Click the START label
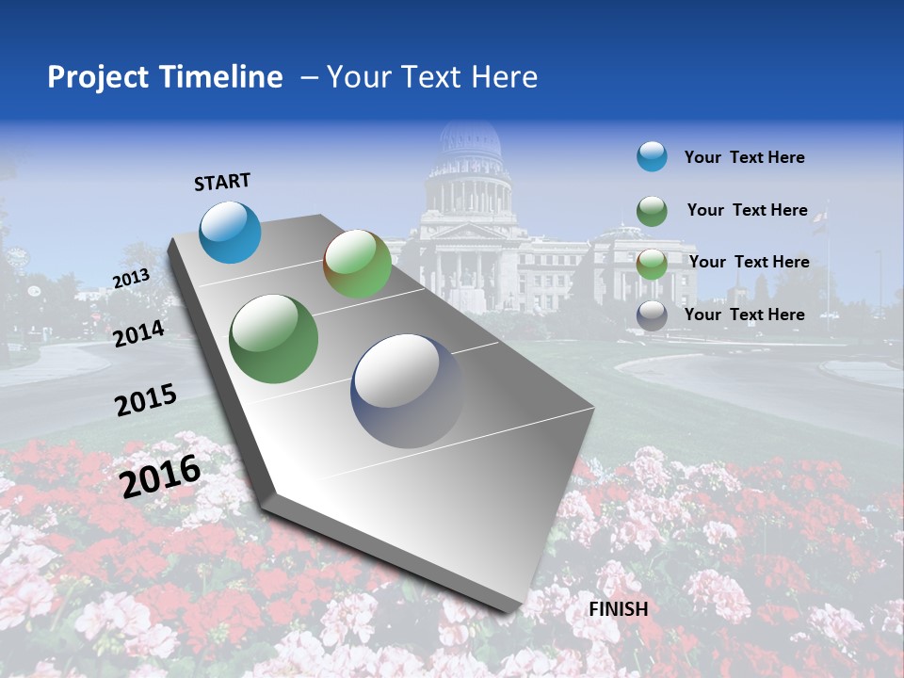pos(222,182)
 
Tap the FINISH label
pos(618,609)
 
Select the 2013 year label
pos(131,279)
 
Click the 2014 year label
pos(138,333)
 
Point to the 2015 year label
pos(145,400)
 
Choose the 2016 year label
pos(159,476)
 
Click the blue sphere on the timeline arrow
pos(230,232)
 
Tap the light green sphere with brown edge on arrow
pos(357,264)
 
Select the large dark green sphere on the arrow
pos(273,339)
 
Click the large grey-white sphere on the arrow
pos(408,390)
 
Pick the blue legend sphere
pos(651,157)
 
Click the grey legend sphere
pos(651,315)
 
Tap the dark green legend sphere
pos(651,211)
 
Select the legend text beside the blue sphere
pos(744,157)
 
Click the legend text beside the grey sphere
pos(744,315)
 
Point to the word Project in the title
pos(98,77)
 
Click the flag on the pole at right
pos(821,219)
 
